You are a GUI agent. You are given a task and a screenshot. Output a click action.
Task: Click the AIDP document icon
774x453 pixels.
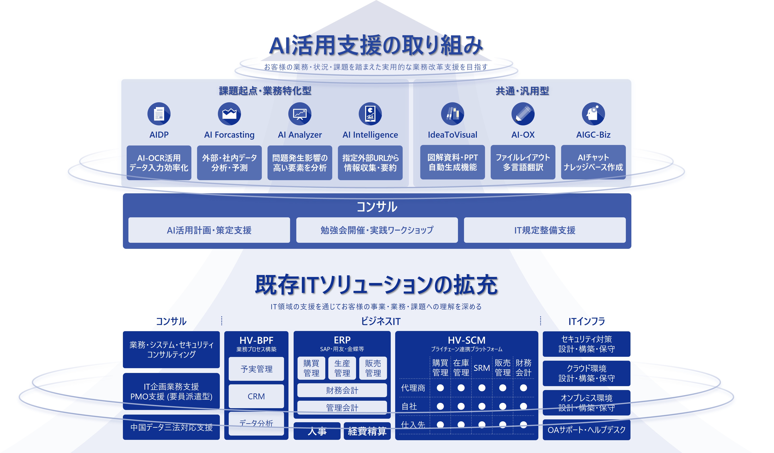click(159, 114)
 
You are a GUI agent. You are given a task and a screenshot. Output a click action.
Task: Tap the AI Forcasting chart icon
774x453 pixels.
click(229, 114)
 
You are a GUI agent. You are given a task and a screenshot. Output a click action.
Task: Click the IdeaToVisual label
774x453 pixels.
click(452, 135)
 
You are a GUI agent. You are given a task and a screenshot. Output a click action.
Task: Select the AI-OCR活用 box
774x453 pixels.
click(159, 163)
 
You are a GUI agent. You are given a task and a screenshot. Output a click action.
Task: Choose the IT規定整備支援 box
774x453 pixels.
click(545, 230)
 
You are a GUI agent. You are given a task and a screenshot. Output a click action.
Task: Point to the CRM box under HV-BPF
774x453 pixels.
click(256, 396)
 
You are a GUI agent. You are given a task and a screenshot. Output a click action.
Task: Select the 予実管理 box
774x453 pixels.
click(256, 369)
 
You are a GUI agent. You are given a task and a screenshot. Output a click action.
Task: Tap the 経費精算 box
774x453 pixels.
click(367, 431)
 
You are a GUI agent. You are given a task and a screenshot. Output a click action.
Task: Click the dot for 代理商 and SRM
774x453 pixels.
click(482, 388)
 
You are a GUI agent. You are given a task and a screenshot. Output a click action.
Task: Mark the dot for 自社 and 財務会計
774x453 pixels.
click(523, 406)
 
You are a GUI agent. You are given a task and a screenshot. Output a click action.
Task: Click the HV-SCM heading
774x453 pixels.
click(466, 340)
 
